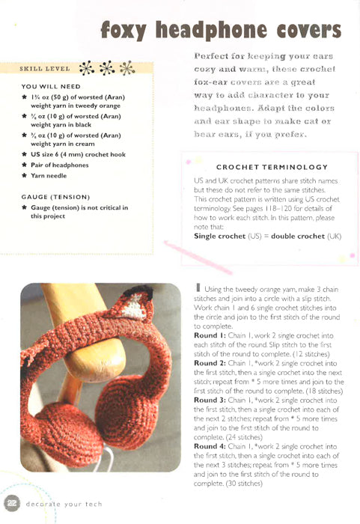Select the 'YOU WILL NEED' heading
pos(51,86)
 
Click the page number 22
pos(13,502)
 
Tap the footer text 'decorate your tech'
pos(65,503)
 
